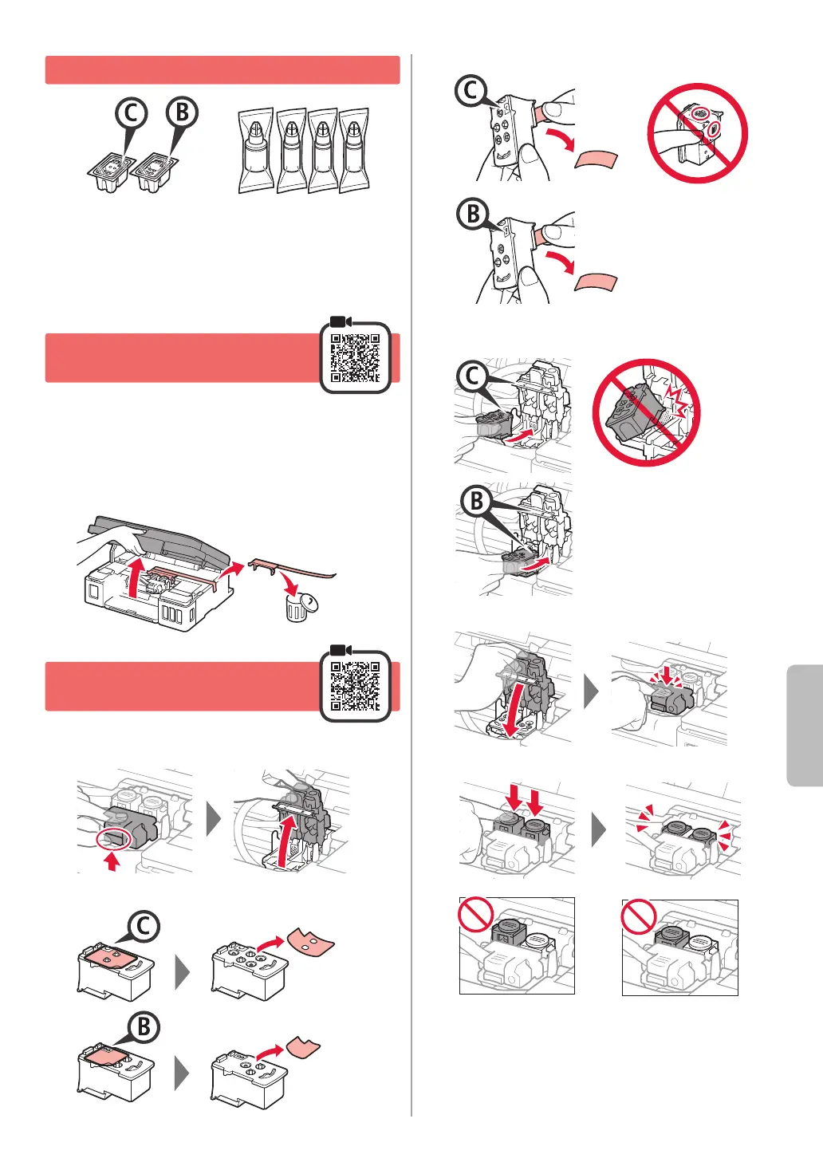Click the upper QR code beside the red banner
point(355,358)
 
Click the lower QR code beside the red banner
point(355,687)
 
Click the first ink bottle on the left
point(255,151)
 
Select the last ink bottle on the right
point(354,150)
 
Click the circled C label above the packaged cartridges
point(131,113)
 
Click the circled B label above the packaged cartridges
point(182,112)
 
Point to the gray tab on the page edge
point(805,725)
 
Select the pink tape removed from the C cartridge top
point(311,941)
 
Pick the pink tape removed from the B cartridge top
point(303,1046)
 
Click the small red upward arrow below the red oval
point(112,861)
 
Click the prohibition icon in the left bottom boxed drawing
point(475,913)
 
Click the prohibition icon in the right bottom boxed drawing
point(638,916)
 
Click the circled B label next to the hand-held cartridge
point(473,214)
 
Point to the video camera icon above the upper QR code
point(341,321)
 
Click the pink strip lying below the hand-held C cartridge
point(597,160)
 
